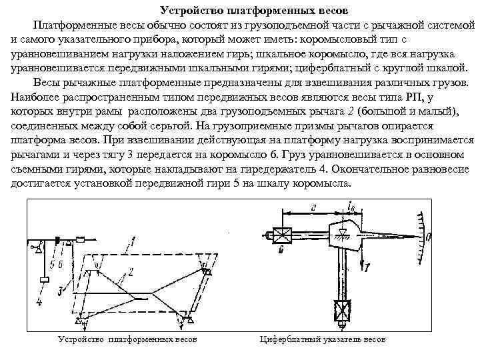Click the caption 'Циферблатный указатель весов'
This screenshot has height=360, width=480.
coord(322,339)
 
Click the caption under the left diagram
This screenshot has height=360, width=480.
coord(127,339)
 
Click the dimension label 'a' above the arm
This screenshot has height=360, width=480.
coord(312,207)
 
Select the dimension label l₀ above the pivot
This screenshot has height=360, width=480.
coord(353,209)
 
